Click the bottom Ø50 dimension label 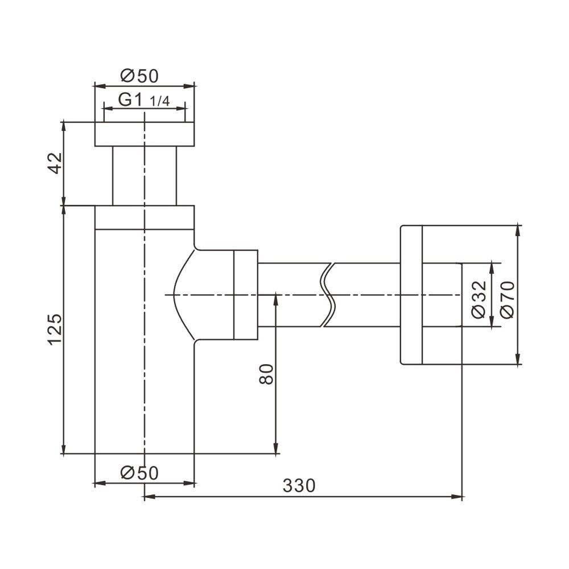pos(139,472)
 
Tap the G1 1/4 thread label pos(143,100)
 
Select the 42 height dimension pos(55,164)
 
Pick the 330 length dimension pos(299,485)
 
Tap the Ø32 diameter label pos(480,296)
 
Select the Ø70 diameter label pos(508,296)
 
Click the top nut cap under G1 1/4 pos(145,134)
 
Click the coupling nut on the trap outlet pos(246,295)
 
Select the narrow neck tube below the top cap pos(145,176)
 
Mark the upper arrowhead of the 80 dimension pos(276,298)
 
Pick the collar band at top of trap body pos(145,217)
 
